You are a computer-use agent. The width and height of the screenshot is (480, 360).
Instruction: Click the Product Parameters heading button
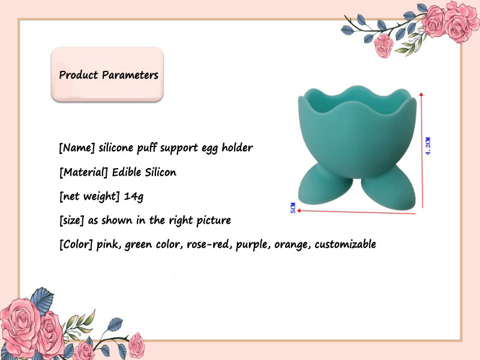[x=109, y=75]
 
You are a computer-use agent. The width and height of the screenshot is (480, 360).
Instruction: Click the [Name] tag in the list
[x=76, y=148]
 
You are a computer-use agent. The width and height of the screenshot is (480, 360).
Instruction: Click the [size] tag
[x=72, y=220]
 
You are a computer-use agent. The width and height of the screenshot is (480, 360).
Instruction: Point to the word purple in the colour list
[x=253, y=244]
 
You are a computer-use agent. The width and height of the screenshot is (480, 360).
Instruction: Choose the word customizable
[x=345, y=244]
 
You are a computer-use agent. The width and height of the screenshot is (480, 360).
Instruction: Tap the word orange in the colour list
[x=290, y=244]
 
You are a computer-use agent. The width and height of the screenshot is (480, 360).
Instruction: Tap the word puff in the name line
[x=146, y=148]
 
